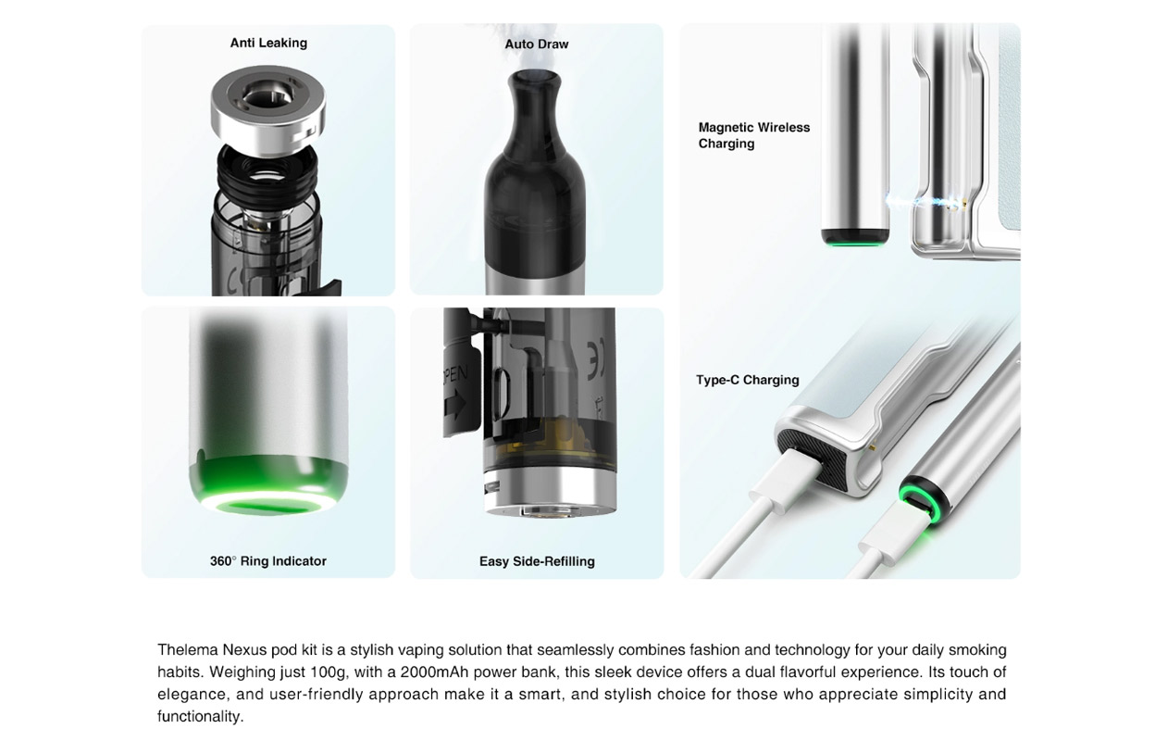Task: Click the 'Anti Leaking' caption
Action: [268, 43]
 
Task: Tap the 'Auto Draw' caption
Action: [537, 44]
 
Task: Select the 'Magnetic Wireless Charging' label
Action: [753, 135]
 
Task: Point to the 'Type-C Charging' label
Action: [747, 380]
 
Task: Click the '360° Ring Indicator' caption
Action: [267, 561]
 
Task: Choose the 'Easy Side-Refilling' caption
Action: [537, 561]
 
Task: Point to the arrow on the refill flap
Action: [454, 407]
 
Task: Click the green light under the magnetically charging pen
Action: [855, 244]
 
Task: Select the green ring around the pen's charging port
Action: [922, 500]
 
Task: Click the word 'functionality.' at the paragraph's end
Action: [200, 717]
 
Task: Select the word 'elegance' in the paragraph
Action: [192, 695]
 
